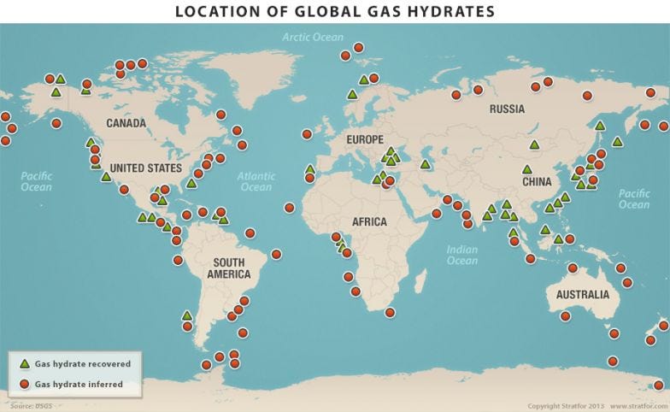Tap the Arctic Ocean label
pyautogui.click(x=313, y=37)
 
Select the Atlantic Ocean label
pyautogui.click(x=256, y=181)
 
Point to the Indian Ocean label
pyautogui.click(x=462, y=255)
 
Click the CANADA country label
pyautogui.click(x=126, y=123)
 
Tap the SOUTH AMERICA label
pyautogui.click(x=228, y=268)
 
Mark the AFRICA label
pyautogui.click(x=368, y=222)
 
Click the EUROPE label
pyautogui.click(x=365, y=139)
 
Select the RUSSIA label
pyautogui.click(x=507, y=109)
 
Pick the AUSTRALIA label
pyautogui.click(x=582, y=295)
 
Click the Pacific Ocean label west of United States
pyautogui.click(x=36, y=181)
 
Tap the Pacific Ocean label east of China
pyautogui.click(x=633, y=199)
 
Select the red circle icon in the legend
pyautogui.click(x=25, y=384)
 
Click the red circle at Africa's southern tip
pyautogui.click(x=390, y=312)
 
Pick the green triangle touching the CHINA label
pyautogui.click(x=526, y=169)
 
